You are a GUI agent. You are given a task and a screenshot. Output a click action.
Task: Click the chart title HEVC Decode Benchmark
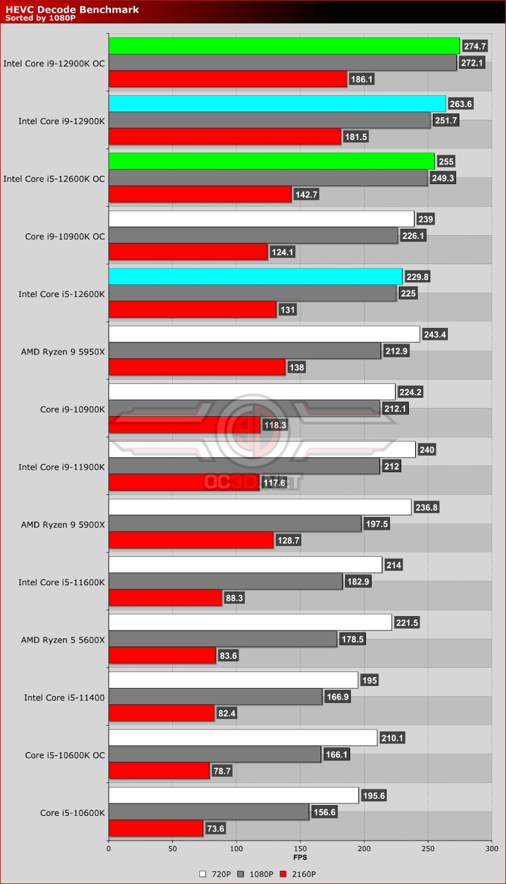72,9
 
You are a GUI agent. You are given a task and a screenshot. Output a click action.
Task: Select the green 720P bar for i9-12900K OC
284,46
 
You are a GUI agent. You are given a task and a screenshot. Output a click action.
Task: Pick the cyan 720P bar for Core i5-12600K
255,276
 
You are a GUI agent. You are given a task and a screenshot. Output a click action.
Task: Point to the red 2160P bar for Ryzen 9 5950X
197,367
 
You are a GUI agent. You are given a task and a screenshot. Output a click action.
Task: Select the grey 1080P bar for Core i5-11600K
225,582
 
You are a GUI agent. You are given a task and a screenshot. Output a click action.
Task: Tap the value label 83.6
227,656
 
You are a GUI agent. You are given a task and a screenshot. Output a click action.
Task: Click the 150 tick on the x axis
300,849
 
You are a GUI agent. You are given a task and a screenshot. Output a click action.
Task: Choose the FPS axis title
300,858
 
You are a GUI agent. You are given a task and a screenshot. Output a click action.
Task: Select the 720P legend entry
217,874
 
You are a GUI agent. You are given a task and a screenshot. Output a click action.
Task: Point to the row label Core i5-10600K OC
65,755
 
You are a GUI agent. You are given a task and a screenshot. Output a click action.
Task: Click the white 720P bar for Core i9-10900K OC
261,219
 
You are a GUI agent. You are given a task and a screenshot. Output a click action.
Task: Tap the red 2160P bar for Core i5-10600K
156,829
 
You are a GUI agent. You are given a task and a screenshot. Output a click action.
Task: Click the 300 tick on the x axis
491,849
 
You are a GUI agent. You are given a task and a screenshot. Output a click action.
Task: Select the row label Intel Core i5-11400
64,697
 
